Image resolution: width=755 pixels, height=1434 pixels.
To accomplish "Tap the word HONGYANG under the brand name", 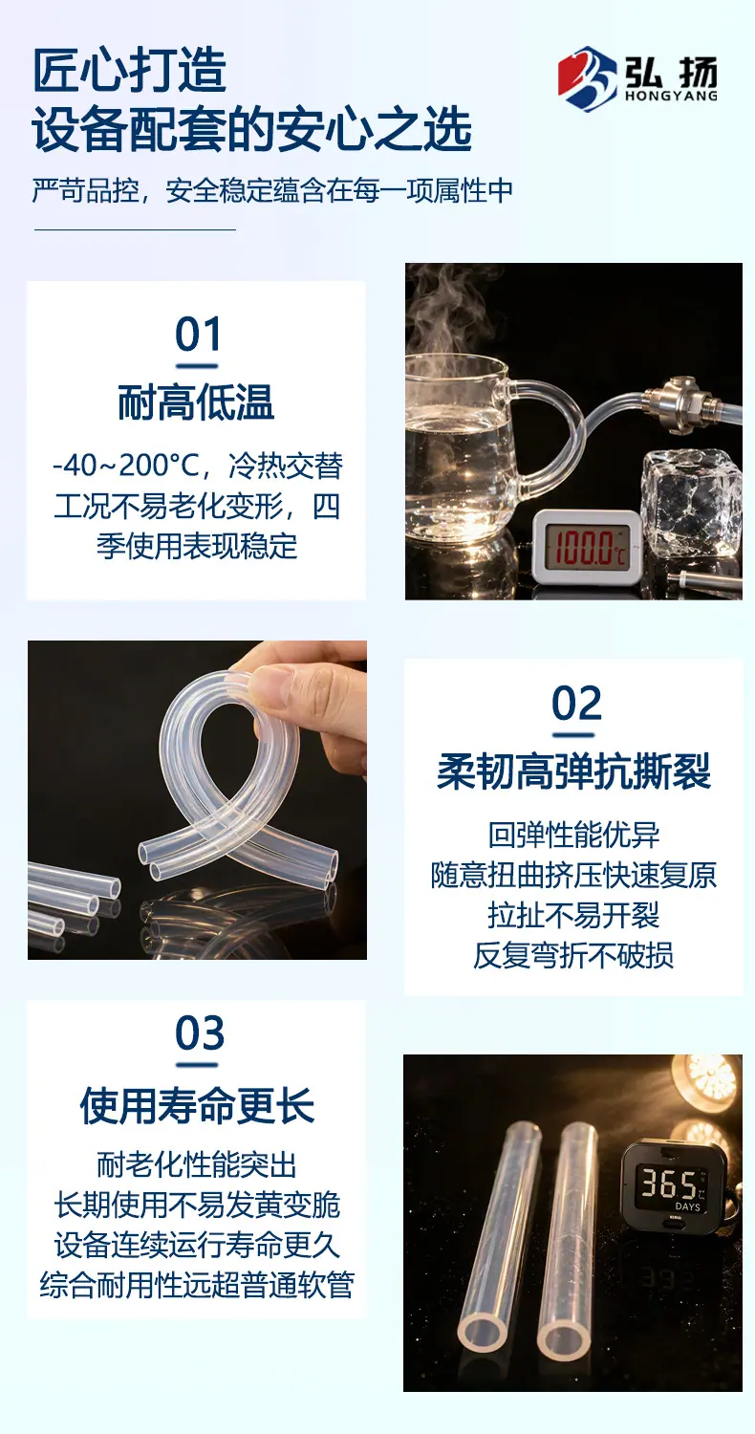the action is point(671,96).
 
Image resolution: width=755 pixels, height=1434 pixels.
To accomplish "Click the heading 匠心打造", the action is point(129,71).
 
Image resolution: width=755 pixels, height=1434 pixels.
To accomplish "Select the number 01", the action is point(198,335).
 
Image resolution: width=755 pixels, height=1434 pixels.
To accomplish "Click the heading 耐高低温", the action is point(197,402).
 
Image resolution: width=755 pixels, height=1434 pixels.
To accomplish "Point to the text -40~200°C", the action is point(126,466).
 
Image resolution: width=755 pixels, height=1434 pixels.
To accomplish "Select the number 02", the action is point(576,704).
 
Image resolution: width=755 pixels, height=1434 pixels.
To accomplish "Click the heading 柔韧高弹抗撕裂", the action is point(574,771).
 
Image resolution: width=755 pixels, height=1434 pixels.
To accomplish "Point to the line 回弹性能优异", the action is point(574,835).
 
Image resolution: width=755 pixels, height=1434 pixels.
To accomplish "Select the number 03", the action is point(200,1033).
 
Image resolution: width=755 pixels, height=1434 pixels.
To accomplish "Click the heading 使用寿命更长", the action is point(197,1105).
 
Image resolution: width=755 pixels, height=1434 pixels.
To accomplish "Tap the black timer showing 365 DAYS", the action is point(675,1187).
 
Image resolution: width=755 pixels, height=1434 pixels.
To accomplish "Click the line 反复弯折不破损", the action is point(573,956).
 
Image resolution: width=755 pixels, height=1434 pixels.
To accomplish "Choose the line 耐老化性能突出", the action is point(197,1165).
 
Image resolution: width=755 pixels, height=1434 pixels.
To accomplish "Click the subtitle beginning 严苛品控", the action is point(273,191).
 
